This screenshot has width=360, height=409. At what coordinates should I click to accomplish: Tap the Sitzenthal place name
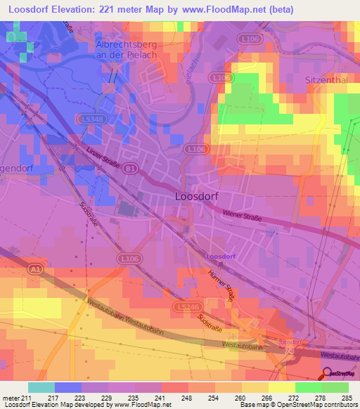(x=326, y=80)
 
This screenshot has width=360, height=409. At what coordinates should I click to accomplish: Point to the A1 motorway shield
(x=35, y=268)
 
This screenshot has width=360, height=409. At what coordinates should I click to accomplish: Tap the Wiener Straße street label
(x=241, y=214)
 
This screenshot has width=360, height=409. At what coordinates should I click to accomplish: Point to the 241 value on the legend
(x=161, y=398)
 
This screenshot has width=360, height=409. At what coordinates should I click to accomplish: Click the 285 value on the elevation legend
(x=346, y=398)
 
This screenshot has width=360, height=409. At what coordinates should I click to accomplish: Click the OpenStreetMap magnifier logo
(x=328, y=375)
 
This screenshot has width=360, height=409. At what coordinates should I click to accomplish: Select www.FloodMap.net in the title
(x=232, y=9)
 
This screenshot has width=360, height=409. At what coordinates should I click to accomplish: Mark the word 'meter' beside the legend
(x=11, y=398)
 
